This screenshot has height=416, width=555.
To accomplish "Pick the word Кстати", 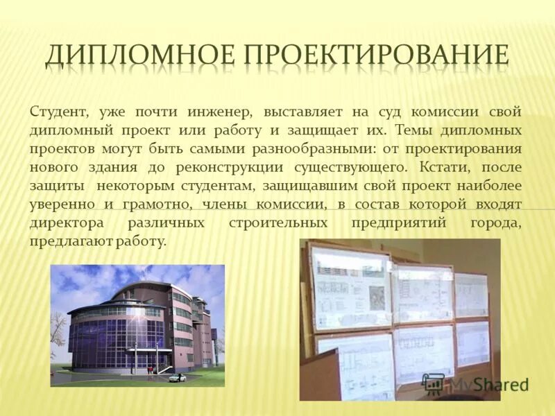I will tap(443, 167).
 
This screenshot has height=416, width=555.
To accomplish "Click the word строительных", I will tap(278, 223).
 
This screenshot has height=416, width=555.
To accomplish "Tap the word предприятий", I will tap(399, 223).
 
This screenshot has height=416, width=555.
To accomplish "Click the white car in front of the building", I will tap(177, 377).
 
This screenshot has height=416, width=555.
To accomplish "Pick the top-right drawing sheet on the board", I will tap(471, 294).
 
